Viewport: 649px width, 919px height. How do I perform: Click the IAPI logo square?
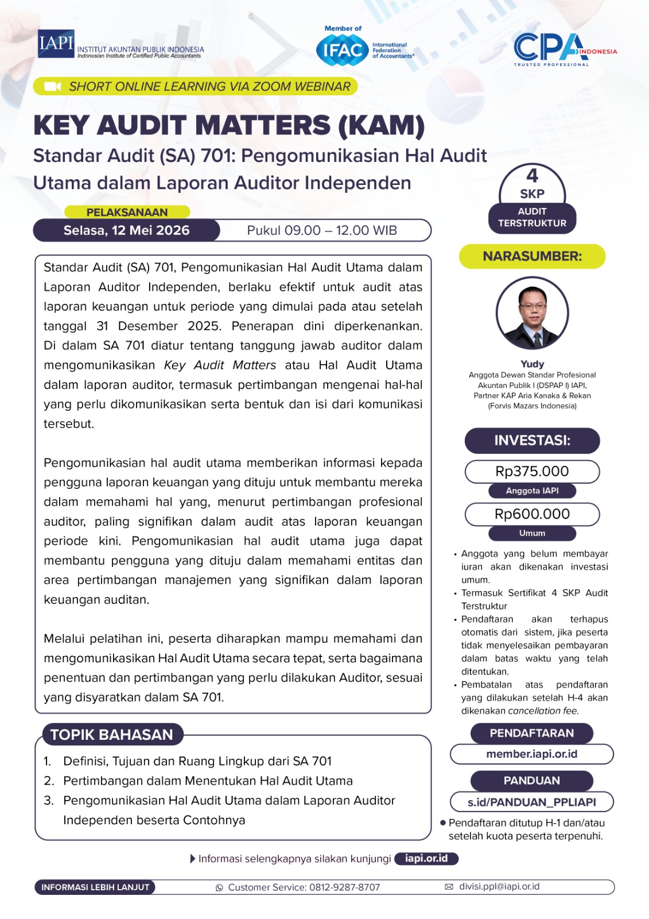56,44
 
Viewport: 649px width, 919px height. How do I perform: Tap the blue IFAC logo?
342,50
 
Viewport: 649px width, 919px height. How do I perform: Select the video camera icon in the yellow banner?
52,87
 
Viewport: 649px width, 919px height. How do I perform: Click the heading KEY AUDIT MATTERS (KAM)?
229,125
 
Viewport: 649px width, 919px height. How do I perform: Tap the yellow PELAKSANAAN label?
127,212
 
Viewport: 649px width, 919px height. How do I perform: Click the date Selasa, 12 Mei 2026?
126,230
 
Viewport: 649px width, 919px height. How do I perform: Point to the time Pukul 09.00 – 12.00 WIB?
322,230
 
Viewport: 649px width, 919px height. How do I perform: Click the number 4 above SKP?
533,175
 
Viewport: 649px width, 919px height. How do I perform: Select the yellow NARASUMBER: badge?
532,256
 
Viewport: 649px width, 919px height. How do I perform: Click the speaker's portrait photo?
532,314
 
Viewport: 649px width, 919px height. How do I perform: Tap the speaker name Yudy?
532,364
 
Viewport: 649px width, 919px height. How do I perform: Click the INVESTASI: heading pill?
532,441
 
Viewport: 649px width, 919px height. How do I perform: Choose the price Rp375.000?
532,472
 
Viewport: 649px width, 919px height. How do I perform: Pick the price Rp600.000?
532,514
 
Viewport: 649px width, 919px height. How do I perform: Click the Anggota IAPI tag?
532,491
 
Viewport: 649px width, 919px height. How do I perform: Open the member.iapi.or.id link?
532,754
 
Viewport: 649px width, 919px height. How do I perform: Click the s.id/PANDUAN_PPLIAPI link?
532,802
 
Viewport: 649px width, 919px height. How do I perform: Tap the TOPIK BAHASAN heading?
112,735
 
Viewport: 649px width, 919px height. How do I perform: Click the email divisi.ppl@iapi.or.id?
499,886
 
